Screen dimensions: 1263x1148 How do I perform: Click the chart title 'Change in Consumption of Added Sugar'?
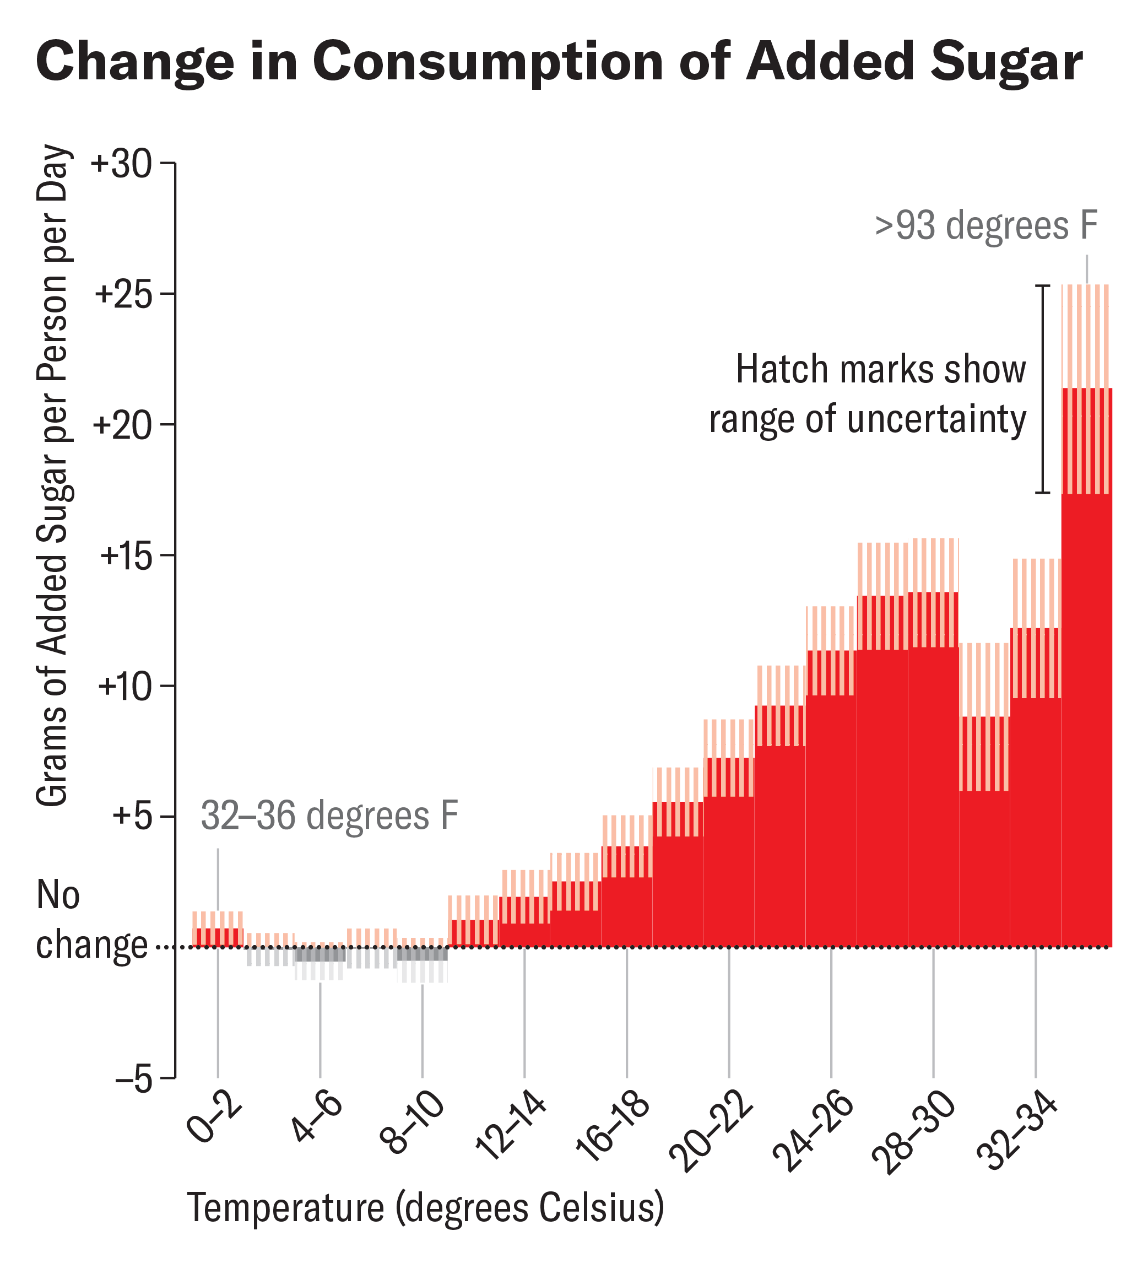559,62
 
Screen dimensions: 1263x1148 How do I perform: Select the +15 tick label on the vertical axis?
127,557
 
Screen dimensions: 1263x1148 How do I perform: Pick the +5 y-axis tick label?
133,818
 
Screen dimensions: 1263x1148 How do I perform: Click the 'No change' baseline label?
91,921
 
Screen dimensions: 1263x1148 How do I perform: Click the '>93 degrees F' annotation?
987,227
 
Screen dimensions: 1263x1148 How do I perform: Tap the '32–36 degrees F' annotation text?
329,816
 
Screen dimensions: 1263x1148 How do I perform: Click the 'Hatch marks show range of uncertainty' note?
868,395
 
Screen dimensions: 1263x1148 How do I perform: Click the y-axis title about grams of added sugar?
53,476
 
